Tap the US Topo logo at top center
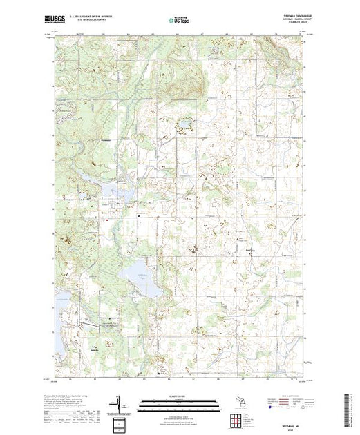pos(178,20)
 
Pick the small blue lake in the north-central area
pos(186,126)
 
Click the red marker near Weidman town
pos(108,220)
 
